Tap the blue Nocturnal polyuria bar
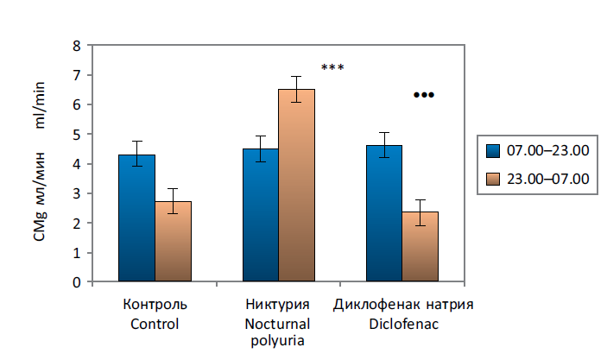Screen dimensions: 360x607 (x=261, y=215)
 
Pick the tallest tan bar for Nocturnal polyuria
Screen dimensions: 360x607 (x=296, y=186)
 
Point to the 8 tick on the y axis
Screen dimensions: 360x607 (x=77, y=46)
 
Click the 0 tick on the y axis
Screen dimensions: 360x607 (x=77, y=282)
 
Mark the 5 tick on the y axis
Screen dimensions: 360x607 (x=77, y=135)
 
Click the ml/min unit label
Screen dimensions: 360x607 (x=41, y=105)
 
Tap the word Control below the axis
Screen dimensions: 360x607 (x=155, y=325)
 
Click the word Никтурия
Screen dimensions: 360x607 (x=278, y=305)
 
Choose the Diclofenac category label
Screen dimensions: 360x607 (x=403, y=325)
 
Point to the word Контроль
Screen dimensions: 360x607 (x=155, y=305)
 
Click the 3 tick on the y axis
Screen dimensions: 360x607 (x=77, y=193)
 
